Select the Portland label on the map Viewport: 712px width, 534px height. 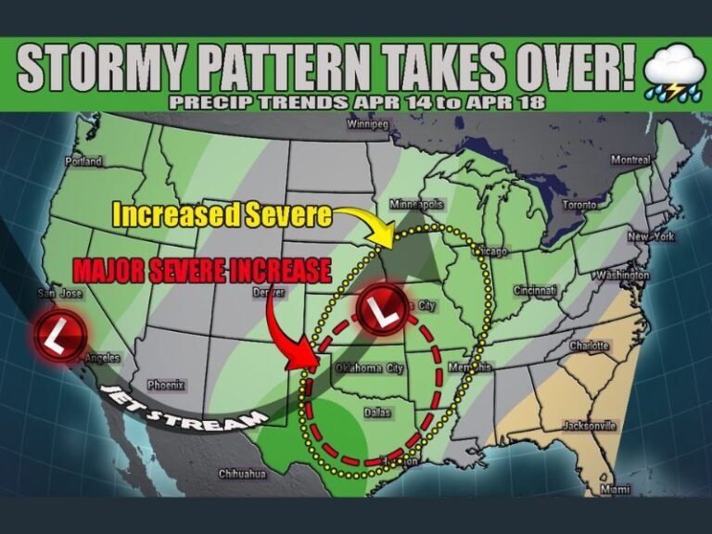(x=83, y=161)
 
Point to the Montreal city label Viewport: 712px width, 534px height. (x=629, y=159)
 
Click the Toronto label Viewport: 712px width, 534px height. (x=581, y=204)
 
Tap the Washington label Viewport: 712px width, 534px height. (x=622, y=275)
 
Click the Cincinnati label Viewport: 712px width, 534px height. (x=537, y=290)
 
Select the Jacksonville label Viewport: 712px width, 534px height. (x=589, y=426)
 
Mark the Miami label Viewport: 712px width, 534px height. (x=614, y=489)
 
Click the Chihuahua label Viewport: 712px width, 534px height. (x=242, y=474)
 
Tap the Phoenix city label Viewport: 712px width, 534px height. (x=166, y=385)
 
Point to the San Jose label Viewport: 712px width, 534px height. (x=58, y=294)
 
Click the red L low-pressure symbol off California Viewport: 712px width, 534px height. (x=61, y=335)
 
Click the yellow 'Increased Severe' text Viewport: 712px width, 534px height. (x=222, y=215)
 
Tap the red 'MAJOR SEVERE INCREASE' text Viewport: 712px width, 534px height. (x=201, y=271)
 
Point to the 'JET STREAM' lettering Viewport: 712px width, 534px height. (x=177, y=408)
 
